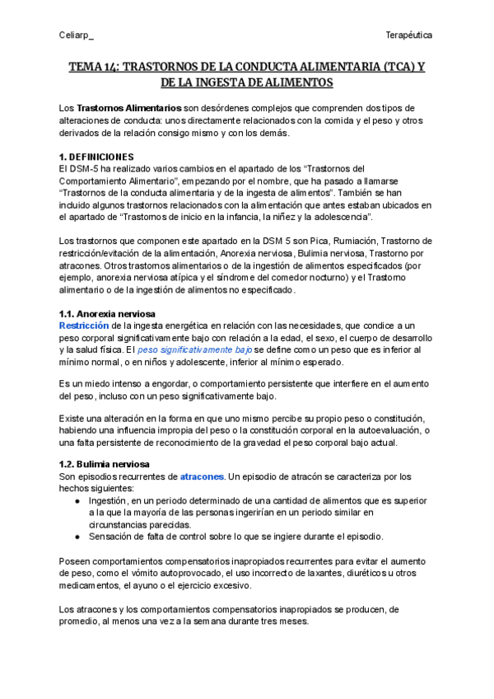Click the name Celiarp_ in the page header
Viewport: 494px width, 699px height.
(77, 35)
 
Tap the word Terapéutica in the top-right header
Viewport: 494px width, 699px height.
(410, 35)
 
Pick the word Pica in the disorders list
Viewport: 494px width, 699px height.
(308, 241)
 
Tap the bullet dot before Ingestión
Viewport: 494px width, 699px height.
(77, 500)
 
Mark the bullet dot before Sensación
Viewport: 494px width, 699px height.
(77, 537)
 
